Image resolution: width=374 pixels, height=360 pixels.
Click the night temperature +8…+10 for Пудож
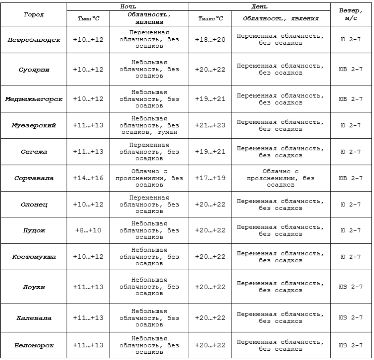(88, 231)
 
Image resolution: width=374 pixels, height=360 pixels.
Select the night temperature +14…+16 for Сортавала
(88, 178)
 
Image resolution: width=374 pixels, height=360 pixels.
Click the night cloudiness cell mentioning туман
(149, 125)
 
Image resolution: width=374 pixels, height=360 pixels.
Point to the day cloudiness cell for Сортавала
(281, 178)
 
